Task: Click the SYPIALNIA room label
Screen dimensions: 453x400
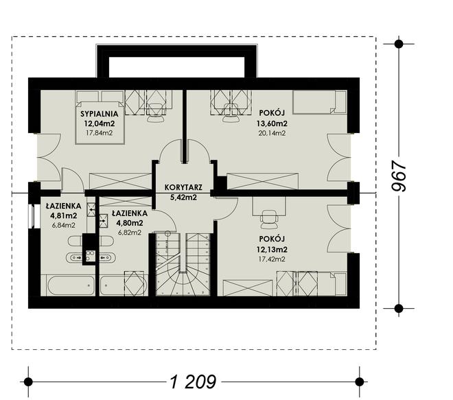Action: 100,114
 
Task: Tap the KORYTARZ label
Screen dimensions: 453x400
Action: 183,187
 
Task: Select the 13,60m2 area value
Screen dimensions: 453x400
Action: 272,123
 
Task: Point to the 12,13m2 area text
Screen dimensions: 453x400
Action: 272,249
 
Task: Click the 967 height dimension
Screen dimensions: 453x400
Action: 399,176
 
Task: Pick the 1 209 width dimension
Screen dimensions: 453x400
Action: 193,381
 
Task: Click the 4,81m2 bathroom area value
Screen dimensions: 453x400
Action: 64,215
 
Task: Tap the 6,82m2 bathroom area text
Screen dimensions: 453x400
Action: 130,232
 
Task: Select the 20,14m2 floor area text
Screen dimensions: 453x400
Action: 272,133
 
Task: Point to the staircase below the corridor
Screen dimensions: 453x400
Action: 183,264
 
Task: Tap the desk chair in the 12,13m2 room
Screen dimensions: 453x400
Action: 268,219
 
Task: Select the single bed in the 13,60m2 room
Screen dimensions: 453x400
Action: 320,102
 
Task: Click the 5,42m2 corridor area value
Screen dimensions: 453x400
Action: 183,198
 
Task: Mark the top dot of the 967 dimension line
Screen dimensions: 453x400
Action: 399,44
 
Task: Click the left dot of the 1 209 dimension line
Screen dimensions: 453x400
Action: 28,381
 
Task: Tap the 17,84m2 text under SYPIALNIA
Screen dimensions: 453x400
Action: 100,133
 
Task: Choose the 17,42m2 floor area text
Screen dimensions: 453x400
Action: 272,259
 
